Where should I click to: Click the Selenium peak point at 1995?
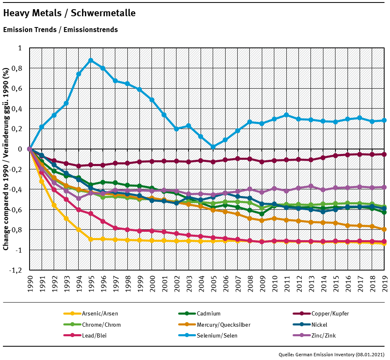pos(91,60)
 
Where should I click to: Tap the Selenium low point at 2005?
pos(213,146)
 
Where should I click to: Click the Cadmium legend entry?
pos(208,313)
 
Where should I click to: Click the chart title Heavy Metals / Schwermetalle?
pos(69,13)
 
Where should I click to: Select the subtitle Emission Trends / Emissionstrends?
pos(60,30)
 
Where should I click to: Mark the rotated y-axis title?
pos(6,159)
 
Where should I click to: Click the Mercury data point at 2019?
pos(384,229)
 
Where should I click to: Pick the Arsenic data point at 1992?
pos(54,205)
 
